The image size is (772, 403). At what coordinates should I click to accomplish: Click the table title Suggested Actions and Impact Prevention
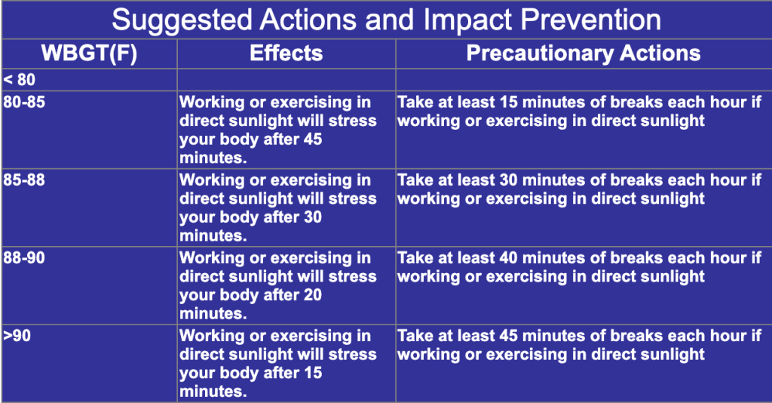[386, 20]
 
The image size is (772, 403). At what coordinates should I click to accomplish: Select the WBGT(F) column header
[89, 54]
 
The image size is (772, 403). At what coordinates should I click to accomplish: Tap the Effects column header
[286, 54]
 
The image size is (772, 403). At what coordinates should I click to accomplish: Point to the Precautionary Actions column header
[584, 54]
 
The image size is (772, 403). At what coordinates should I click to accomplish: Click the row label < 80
[19, 79]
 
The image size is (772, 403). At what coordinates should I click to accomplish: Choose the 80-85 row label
[24, 102]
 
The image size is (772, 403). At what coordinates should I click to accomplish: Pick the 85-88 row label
[24, 180]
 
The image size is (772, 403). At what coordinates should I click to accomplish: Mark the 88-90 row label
[24, 257]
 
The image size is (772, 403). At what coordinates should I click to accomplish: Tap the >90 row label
[17, 336]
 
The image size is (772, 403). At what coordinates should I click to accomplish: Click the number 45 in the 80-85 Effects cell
[313, 140]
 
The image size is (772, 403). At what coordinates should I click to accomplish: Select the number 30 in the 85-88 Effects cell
[313, 217]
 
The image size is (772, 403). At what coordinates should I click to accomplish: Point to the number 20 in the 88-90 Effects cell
[313, 295]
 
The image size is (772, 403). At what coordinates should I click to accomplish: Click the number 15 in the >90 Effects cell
[313, 373]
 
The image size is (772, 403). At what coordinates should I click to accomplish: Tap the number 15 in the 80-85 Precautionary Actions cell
[508, 102]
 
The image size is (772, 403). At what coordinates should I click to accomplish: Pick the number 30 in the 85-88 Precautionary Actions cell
[508, 180]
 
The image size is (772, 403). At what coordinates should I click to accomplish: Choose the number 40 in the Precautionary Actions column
[508, 257]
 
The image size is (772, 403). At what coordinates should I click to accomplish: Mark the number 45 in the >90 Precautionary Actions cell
[508, 336]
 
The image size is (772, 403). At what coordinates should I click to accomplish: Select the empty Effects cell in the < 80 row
[286, 79]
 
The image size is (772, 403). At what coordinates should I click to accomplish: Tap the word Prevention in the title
[591, 20]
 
